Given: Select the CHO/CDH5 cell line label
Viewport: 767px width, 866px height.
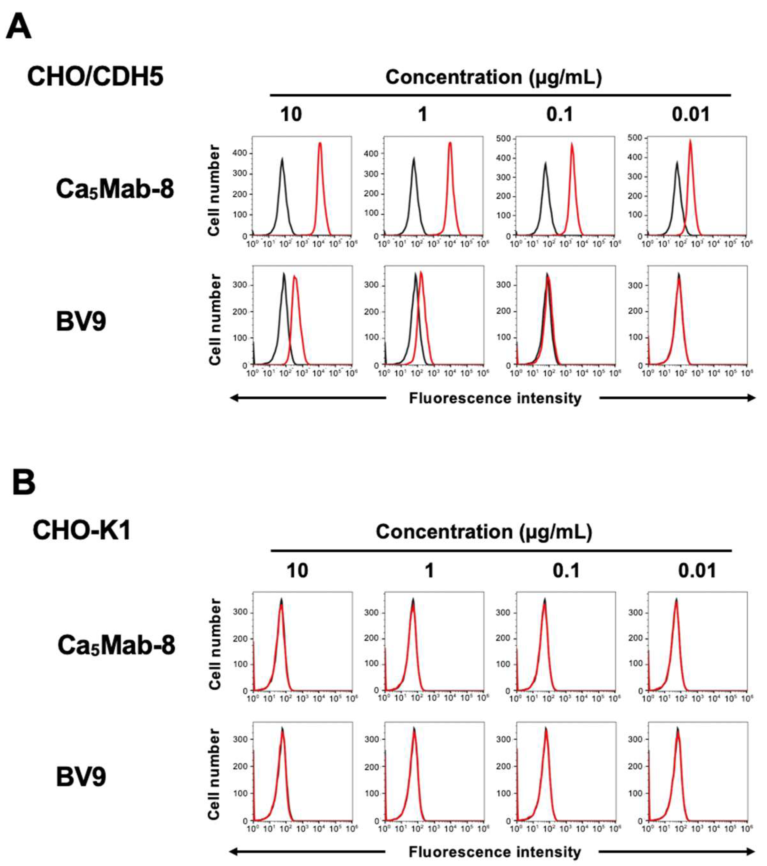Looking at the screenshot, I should point(95,77).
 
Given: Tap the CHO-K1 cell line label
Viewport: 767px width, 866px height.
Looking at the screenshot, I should point(82,530).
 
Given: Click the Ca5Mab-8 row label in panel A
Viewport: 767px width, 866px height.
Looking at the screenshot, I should point(115,189).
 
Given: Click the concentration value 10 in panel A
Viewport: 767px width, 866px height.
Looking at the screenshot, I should point(291,115).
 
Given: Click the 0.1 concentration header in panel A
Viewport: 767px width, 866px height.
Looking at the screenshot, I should point(559,115).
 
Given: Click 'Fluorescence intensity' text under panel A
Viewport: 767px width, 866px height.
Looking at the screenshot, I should point(495,398).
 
